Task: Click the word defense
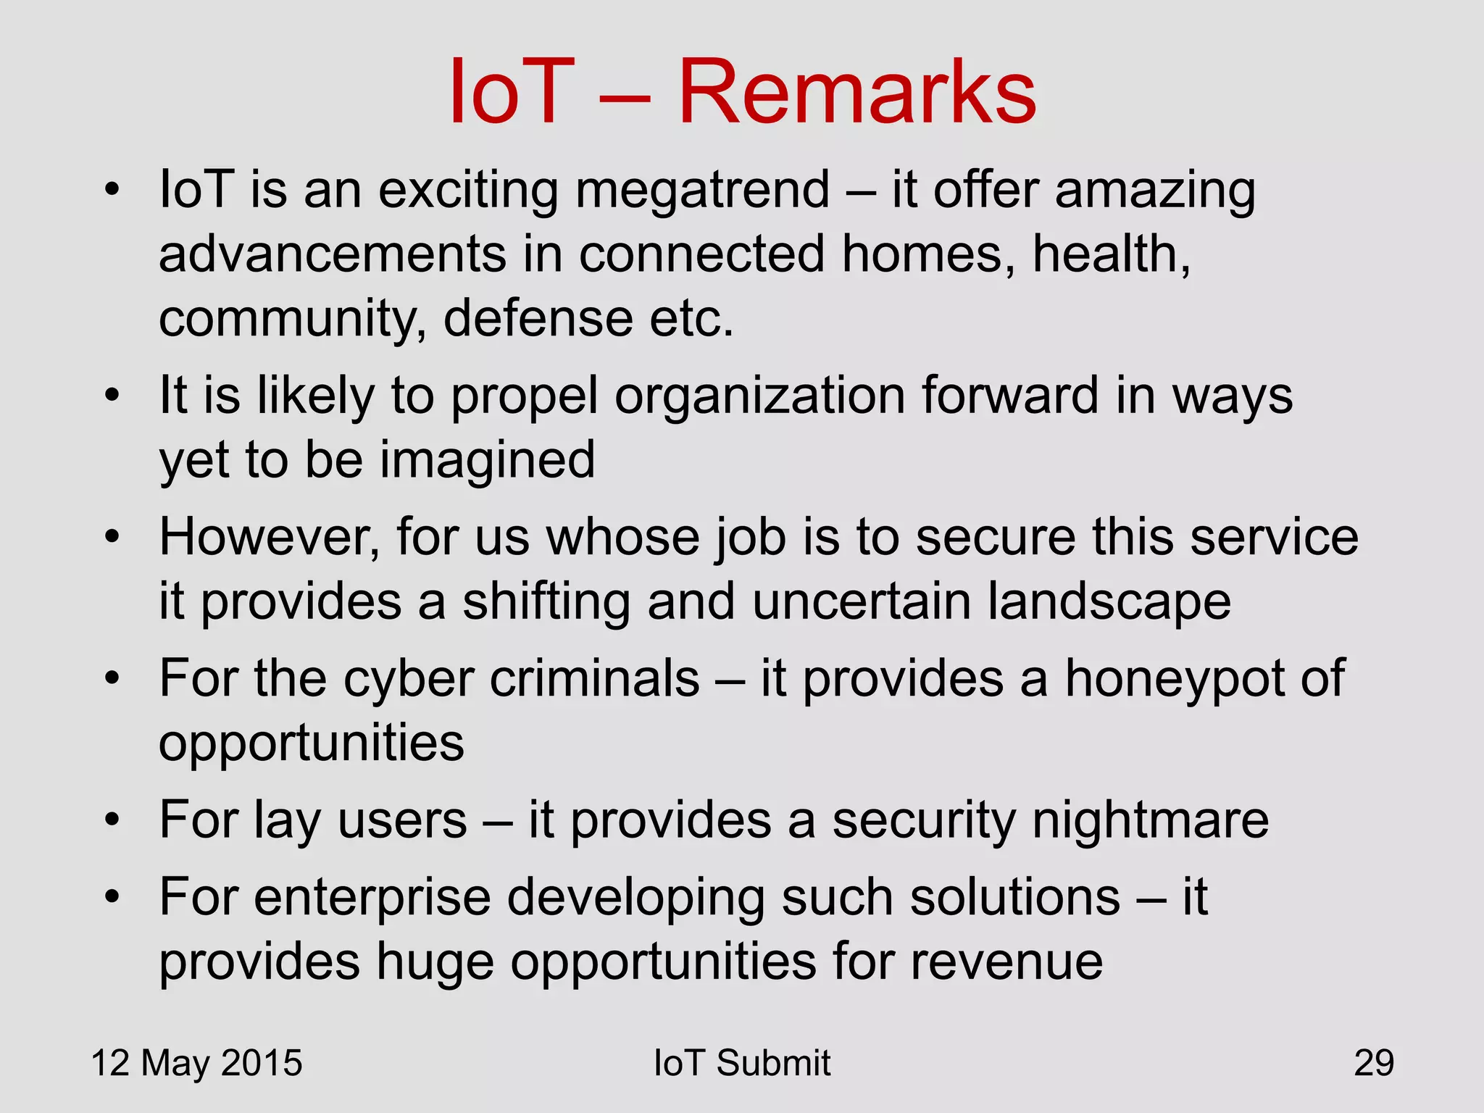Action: pos(538,319)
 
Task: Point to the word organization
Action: pos(759,397)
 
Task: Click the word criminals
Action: pos(594,679)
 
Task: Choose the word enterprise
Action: pos(372,898)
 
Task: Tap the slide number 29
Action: pos(1374,1063)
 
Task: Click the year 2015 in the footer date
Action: pos(262,1063)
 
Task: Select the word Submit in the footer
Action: pos(773,1063)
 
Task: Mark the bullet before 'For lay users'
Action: pos(111,820)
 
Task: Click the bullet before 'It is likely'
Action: pos(111,396)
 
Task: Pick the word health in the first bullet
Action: pos(1110,254)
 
